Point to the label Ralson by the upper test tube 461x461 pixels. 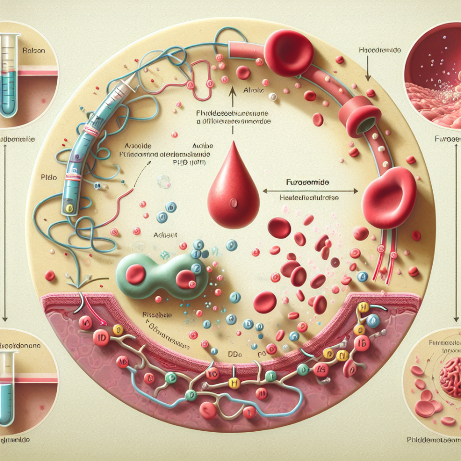[31, 50]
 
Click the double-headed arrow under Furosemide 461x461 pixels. [310, 191]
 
